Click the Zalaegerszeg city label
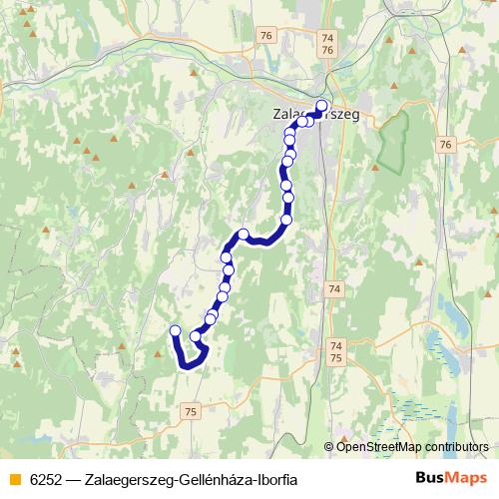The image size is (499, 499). [314, 115]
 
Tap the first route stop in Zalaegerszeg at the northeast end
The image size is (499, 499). [321, 106]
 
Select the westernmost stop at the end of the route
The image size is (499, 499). [176, 331]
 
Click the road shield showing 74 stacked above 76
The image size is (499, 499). [328, 44]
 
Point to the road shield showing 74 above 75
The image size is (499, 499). [334, 352]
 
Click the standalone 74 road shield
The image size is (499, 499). [333, 289]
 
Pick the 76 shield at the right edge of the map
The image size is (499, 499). [445, 145]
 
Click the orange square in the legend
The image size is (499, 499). [13, 480]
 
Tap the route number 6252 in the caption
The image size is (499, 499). [45, 480]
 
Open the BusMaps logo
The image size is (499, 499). [447, 479]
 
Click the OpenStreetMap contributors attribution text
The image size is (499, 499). [412, 446]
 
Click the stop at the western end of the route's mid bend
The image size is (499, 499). [243, 235]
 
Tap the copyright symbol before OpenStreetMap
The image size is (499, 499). [329, 446]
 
